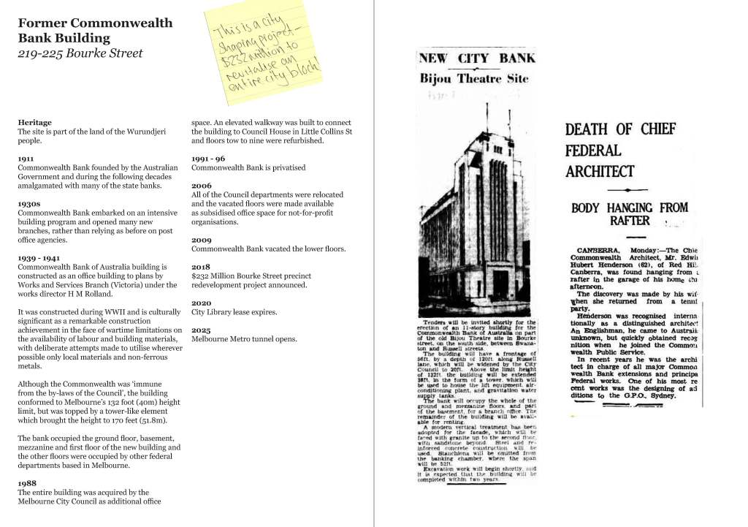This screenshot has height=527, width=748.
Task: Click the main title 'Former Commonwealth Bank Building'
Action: click(x=95, y=30)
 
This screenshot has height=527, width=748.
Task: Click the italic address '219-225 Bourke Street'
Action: click(x=80, y=53)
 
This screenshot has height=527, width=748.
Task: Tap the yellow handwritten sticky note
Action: click(x=266, y=48)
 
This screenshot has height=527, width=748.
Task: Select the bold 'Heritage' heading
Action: click(x=34, y=122)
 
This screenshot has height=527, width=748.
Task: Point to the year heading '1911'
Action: click(x=26, y=158)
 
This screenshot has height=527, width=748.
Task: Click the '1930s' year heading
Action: click(x=30, y=203)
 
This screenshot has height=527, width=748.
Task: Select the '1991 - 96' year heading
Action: click(x=207, y=158)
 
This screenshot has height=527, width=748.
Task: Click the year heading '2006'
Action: click(x=201, y=186)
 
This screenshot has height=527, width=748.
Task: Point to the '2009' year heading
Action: click(x=201, y=240)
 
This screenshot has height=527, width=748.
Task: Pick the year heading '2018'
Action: click(x=201, y=267)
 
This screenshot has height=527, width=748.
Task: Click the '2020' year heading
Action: click(x=201, y=303)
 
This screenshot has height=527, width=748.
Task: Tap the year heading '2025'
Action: click(x=201, y=330)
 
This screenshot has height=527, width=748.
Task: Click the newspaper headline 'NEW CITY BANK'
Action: click(x=478, y=58)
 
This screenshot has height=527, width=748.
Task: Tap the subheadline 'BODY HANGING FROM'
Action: click(x=629, y=208)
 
